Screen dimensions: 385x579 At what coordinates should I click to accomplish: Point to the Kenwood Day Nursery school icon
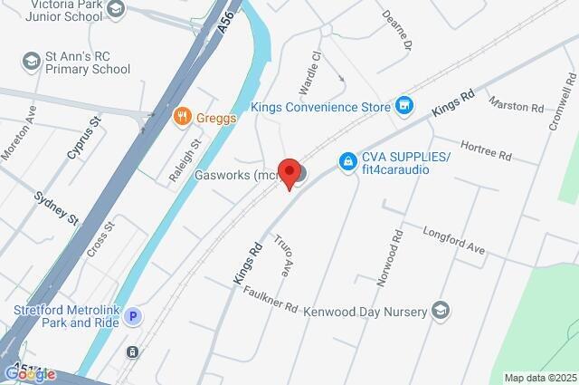[x=440, y=312]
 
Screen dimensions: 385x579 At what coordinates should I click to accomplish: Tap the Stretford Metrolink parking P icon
[x=133, y=316]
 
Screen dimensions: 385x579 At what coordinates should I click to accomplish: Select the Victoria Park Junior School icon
[x=115, y=9]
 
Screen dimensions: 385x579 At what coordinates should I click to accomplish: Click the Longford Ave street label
[x=454, y=240]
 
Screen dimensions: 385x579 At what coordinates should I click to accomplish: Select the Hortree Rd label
[x=486, y=150]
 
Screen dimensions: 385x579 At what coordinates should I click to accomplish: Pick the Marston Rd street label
[x=516, y=106]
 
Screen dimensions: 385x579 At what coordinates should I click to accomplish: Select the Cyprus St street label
[x=83, y=139]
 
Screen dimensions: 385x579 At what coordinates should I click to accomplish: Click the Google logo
[x=29, y=374]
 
